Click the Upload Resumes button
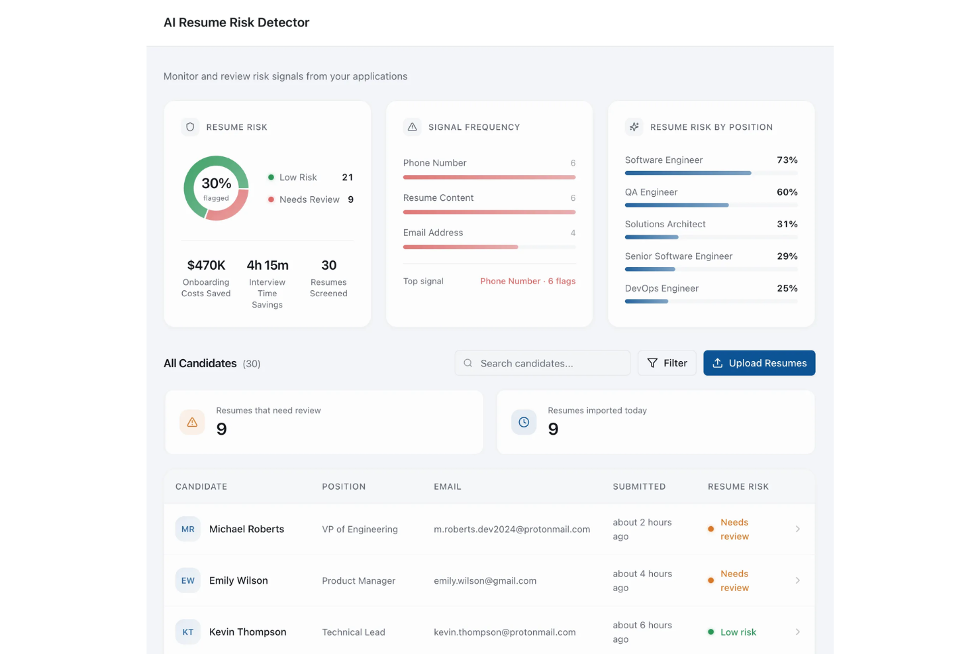pos(759,363)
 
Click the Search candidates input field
pos(542,363)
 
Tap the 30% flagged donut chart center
pos(216,188)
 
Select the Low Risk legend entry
pos(297,178)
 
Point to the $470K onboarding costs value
pos(206,265)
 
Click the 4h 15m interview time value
pos(268,265)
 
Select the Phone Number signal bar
pos(489,178)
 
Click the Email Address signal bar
pos(461,247)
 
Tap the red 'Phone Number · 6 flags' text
pos(527,281)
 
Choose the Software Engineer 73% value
pos(787,160)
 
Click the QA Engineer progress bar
pos(677,205)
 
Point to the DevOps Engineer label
pos(661,288)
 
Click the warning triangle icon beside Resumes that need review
pos(192,422)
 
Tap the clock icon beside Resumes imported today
pos(524,422)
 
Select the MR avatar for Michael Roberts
pos(188,529)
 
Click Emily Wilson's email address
pos(485,581)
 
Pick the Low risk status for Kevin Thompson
pos(737,632)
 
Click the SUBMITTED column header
pos(639,486)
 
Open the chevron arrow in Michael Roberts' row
pos(797,529)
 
